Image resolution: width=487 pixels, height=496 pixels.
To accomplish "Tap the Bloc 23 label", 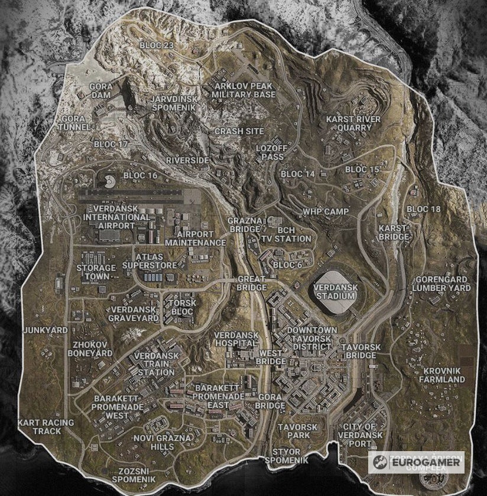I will tap(157, 45).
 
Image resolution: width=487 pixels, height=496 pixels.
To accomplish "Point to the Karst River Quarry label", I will tap(353, 123).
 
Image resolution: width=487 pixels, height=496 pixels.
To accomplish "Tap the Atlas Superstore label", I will tap(150, 261).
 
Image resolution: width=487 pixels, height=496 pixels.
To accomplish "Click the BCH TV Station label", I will tap(286, 234).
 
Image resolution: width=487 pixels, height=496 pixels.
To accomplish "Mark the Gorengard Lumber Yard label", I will tap(441, 283).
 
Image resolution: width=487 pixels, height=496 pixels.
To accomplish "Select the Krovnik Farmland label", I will tap(442, 374).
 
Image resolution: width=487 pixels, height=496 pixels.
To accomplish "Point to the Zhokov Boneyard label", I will tap(90, 348).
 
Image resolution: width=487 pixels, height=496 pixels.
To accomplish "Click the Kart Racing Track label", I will tap(47, 426).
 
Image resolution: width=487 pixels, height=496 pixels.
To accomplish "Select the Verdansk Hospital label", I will tap(236, 339).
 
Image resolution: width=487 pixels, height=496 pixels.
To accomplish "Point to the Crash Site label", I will tap(239, 131).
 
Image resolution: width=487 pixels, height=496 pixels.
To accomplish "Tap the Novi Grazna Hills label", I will tap(163, 442).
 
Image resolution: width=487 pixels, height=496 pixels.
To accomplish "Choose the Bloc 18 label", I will tap(424, 209).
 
